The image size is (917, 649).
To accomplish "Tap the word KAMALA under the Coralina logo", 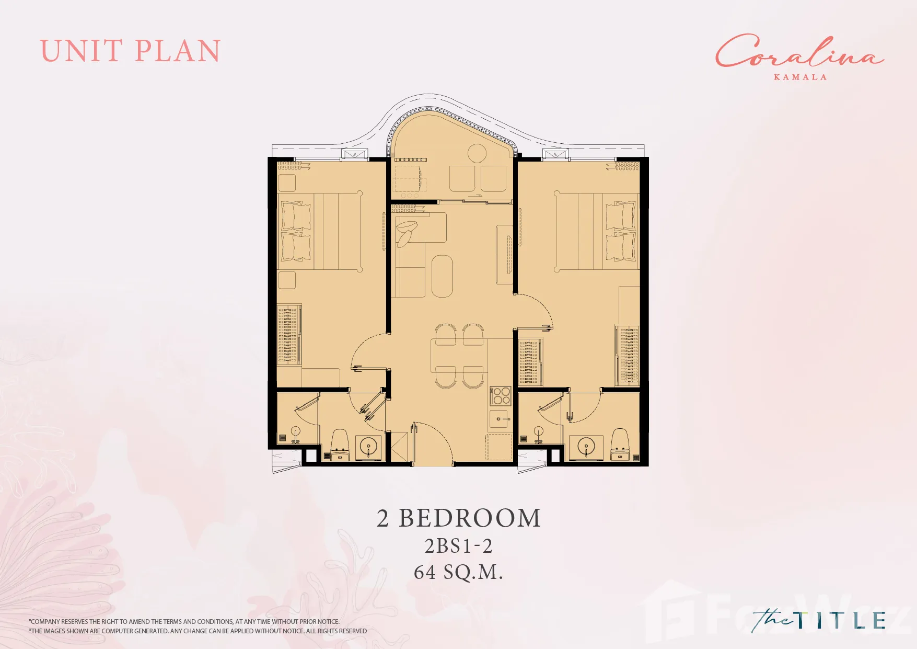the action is coord(800,77).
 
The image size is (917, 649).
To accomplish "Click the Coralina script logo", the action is coord(799,51).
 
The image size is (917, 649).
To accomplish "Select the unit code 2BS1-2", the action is coord(458,546).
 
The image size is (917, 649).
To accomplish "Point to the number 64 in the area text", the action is coord(425,572).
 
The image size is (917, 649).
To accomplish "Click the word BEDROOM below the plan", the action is coord(470,518).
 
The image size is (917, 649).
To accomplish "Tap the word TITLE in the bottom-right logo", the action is coord(841,620).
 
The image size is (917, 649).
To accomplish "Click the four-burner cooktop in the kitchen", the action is coord(500,396).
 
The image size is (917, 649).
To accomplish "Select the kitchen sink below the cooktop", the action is coord(499,419).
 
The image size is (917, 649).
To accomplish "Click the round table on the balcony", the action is coord(477,154).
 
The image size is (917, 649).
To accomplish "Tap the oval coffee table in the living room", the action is coord(442,276).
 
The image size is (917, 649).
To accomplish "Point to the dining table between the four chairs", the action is coord(459,356).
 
